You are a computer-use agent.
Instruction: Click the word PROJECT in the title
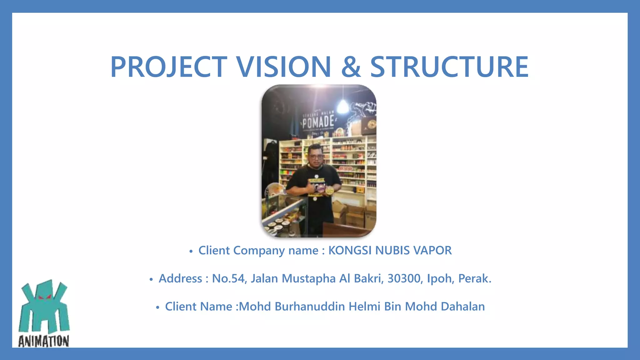[169, 67]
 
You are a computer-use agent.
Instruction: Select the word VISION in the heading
[283, 67]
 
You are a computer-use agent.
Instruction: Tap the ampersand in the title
[351, 67]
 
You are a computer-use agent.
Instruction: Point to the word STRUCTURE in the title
[449, 67]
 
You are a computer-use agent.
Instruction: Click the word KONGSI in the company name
[350, 251]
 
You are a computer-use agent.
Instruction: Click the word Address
[180, 278]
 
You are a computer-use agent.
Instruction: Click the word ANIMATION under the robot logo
[44, 341]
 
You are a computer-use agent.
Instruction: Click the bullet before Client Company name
[191, 251]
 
